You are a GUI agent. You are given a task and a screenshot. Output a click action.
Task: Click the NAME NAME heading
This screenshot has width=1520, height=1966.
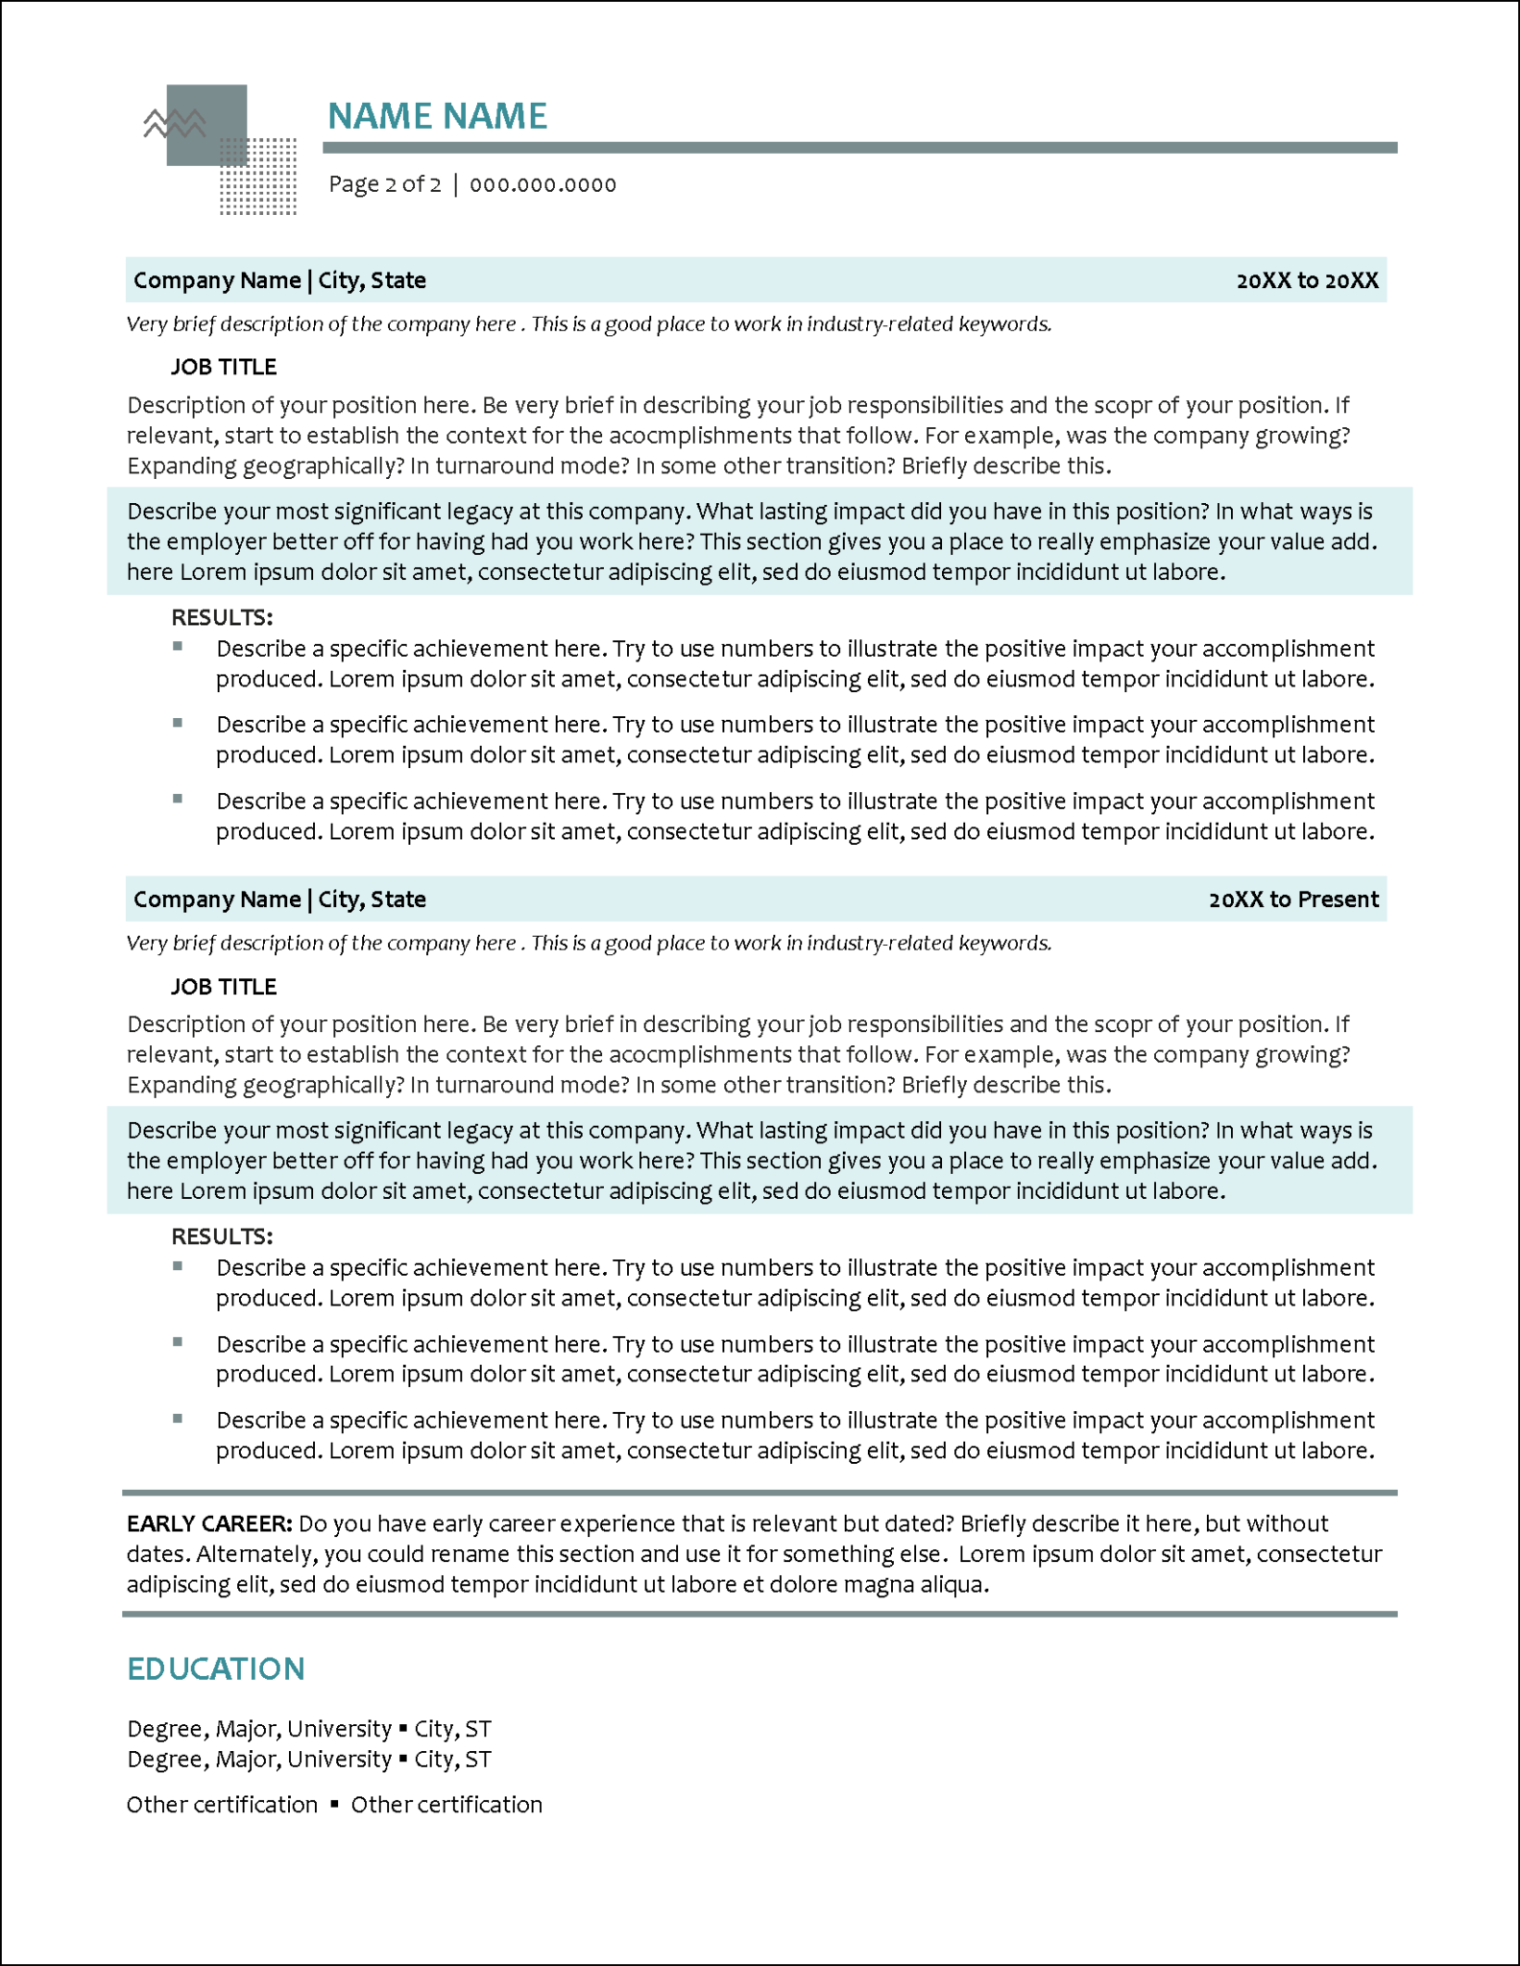coord(437,116)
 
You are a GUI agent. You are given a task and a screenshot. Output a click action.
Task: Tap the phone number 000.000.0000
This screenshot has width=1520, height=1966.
coord(543,184)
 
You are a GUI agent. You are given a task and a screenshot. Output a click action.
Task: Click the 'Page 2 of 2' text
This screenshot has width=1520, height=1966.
coord(385,184)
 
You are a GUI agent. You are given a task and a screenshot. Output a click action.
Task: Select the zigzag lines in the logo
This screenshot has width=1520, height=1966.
coord(174,123)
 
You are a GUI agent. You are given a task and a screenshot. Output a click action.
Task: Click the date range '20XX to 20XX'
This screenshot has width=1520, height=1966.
coord(1307,280)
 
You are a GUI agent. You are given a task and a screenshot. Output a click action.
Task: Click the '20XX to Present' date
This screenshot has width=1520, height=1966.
coord(1293,899)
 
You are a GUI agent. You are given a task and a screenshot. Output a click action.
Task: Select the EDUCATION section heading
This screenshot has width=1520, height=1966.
coord(216,1668)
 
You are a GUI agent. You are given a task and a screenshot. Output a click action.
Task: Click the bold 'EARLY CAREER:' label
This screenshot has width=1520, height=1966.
coord(209,1523)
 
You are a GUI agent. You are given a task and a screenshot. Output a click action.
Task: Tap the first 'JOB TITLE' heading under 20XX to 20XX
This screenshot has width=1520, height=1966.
coord(224,367)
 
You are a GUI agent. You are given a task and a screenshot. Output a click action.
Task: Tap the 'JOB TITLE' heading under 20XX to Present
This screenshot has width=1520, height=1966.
coord(224,987)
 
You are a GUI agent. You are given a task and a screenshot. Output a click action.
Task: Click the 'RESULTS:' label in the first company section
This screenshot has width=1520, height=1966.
coord(222,617)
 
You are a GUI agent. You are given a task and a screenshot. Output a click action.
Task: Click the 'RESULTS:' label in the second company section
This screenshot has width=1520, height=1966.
coord(222,1236)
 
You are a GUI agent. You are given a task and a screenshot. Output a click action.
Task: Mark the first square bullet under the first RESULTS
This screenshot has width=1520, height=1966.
coord(178,647)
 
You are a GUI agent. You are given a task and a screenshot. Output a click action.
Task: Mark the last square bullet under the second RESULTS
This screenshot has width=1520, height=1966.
coord(178,1418)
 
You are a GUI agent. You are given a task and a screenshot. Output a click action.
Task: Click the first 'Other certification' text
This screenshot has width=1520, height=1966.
coord(222,1805)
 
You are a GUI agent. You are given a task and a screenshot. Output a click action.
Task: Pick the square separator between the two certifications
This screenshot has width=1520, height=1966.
coord(334,1805)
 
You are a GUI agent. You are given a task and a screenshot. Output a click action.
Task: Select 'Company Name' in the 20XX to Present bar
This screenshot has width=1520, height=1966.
coord(217,899)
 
